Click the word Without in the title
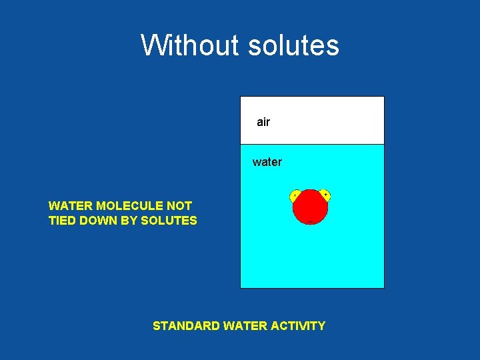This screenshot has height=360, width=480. (x=190, y=45)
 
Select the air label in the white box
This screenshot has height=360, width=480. (x=263, y=122)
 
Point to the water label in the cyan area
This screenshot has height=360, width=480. (x=267, y=162)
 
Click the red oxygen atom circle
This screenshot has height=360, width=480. (x=310, y=207)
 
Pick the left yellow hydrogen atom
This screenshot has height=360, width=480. (x=295, y=195)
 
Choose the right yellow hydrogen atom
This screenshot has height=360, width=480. (x=325, y=195)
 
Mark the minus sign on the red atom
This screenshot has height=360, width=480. (x=310, y=221)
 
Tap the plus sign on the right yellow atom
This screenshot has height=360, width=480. (x=325, y=195)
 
